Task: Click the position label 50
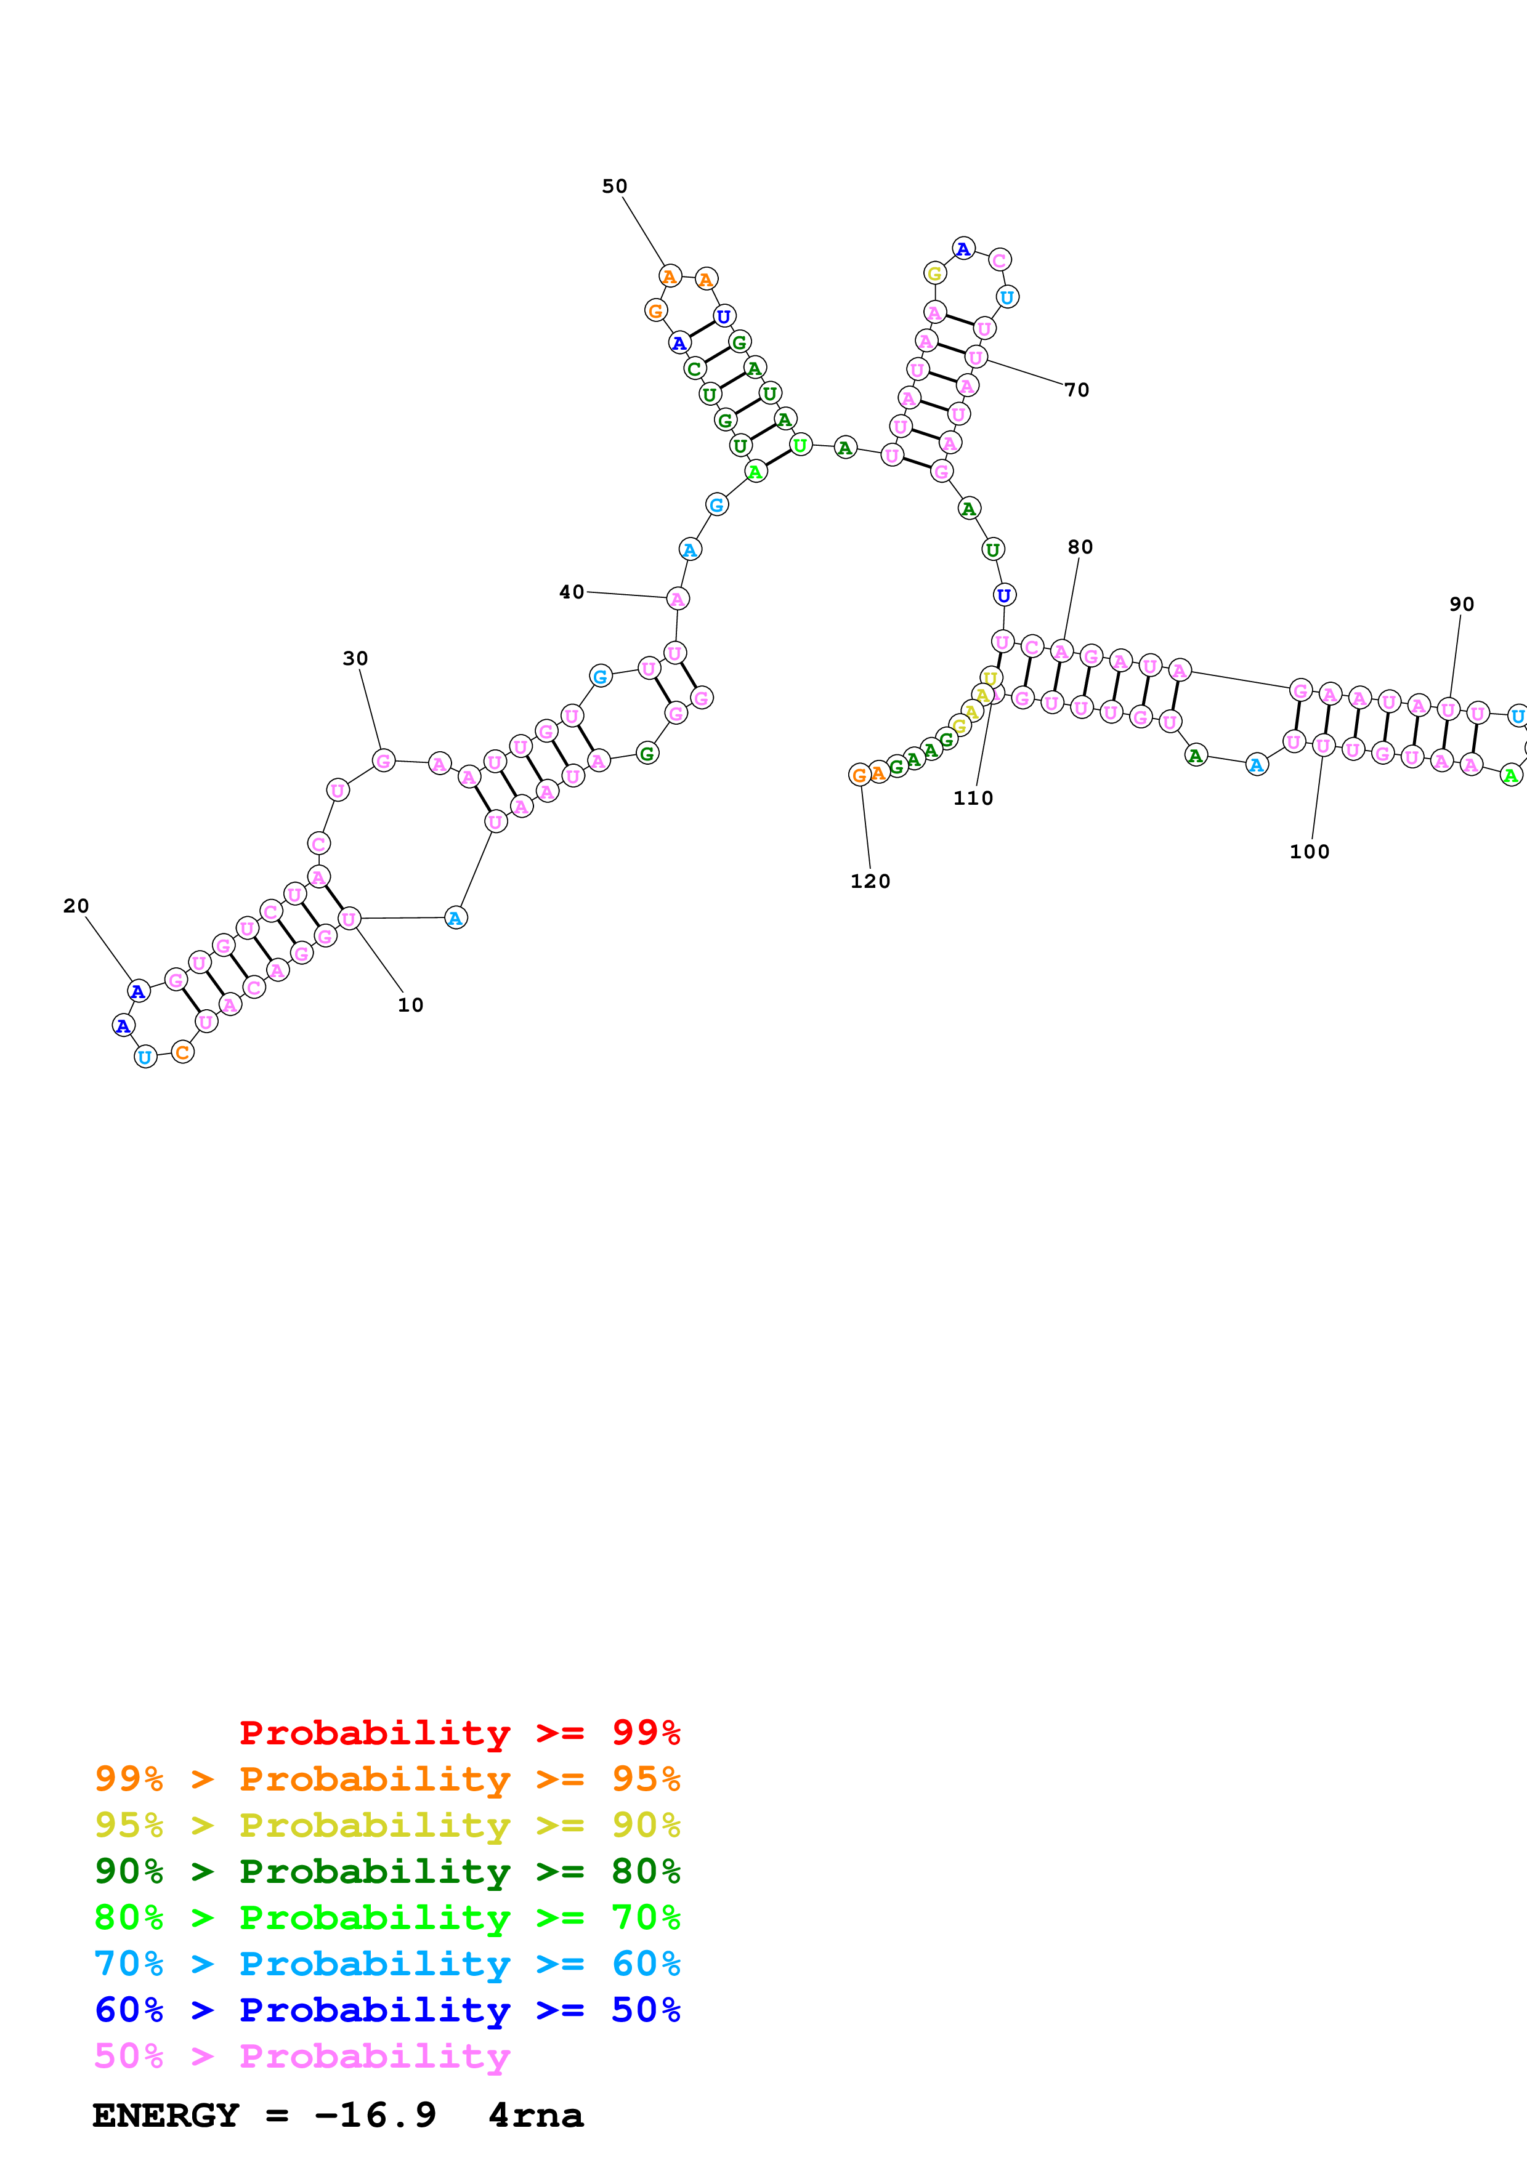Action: click(x=614, y=187)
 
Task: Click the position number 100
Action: click(x=1309, y=852)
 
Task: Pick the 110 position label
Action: click(x=973, y=799)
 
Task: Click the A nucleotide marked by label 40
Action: click(x=678, y=598)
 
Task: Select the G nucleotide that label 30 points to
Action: click(x=383, y=760)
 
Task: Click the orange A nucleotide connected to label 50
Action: click(x=669, y=276)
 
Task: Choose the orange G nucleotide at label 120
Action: click(x=859, y=775)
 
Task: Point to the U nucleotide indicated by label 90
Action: click(x=1448, y=711)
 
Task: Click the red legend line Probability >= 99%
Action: click(x=459, y=1733)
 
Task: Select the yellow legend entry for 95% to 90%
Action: click(x=387, y=1825)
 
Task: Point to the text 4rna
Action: click(x=535, y=2115)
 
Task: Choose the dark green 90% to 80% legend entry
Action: click(x=387, y=1871)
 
